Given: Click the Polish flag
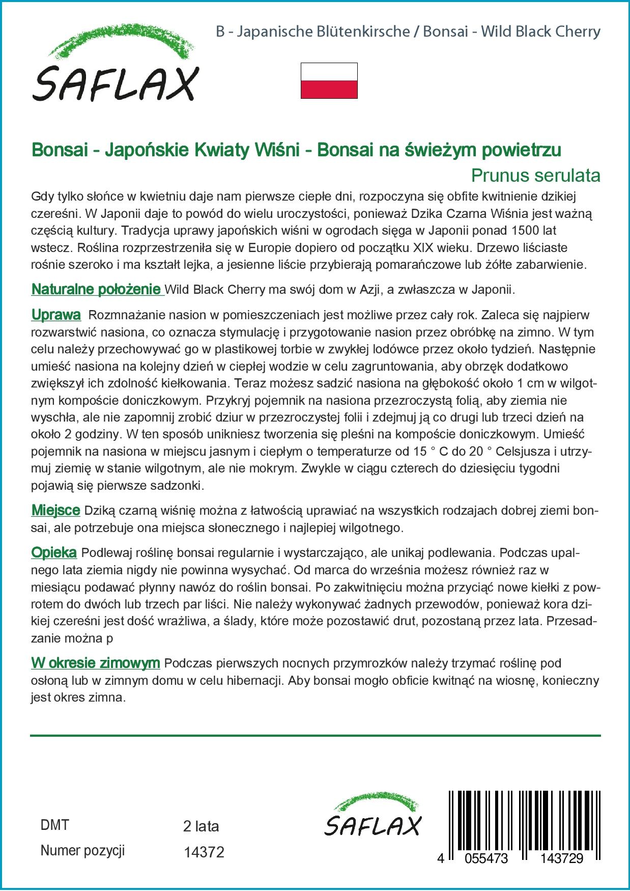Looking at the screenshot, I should click(x=329, y=80).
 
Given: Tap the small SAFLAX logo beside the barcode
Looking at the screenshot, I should click(x=373, y=815).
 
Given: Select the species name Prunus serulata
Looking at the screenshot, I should click(x=535, y=175).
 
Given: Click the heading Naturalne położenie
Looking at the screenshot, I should click(x=96, y=290).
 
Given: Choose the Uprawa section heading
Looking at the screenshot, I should click(x=56, y=315).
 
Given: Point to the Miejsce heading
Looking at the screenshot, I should click(x=55, y=510).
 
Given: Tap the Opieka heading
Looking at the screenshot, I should click(x=54, y=552).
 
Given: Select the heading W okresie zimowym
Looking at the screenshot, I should click(x=96, y=663).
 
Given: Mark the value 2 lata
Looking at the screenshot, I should click(x=201, y=826).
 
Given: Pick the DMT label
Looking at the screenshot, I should click(x=54, y=825).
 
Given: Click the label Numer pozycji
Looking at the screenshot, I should click(x=82, y=851).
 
